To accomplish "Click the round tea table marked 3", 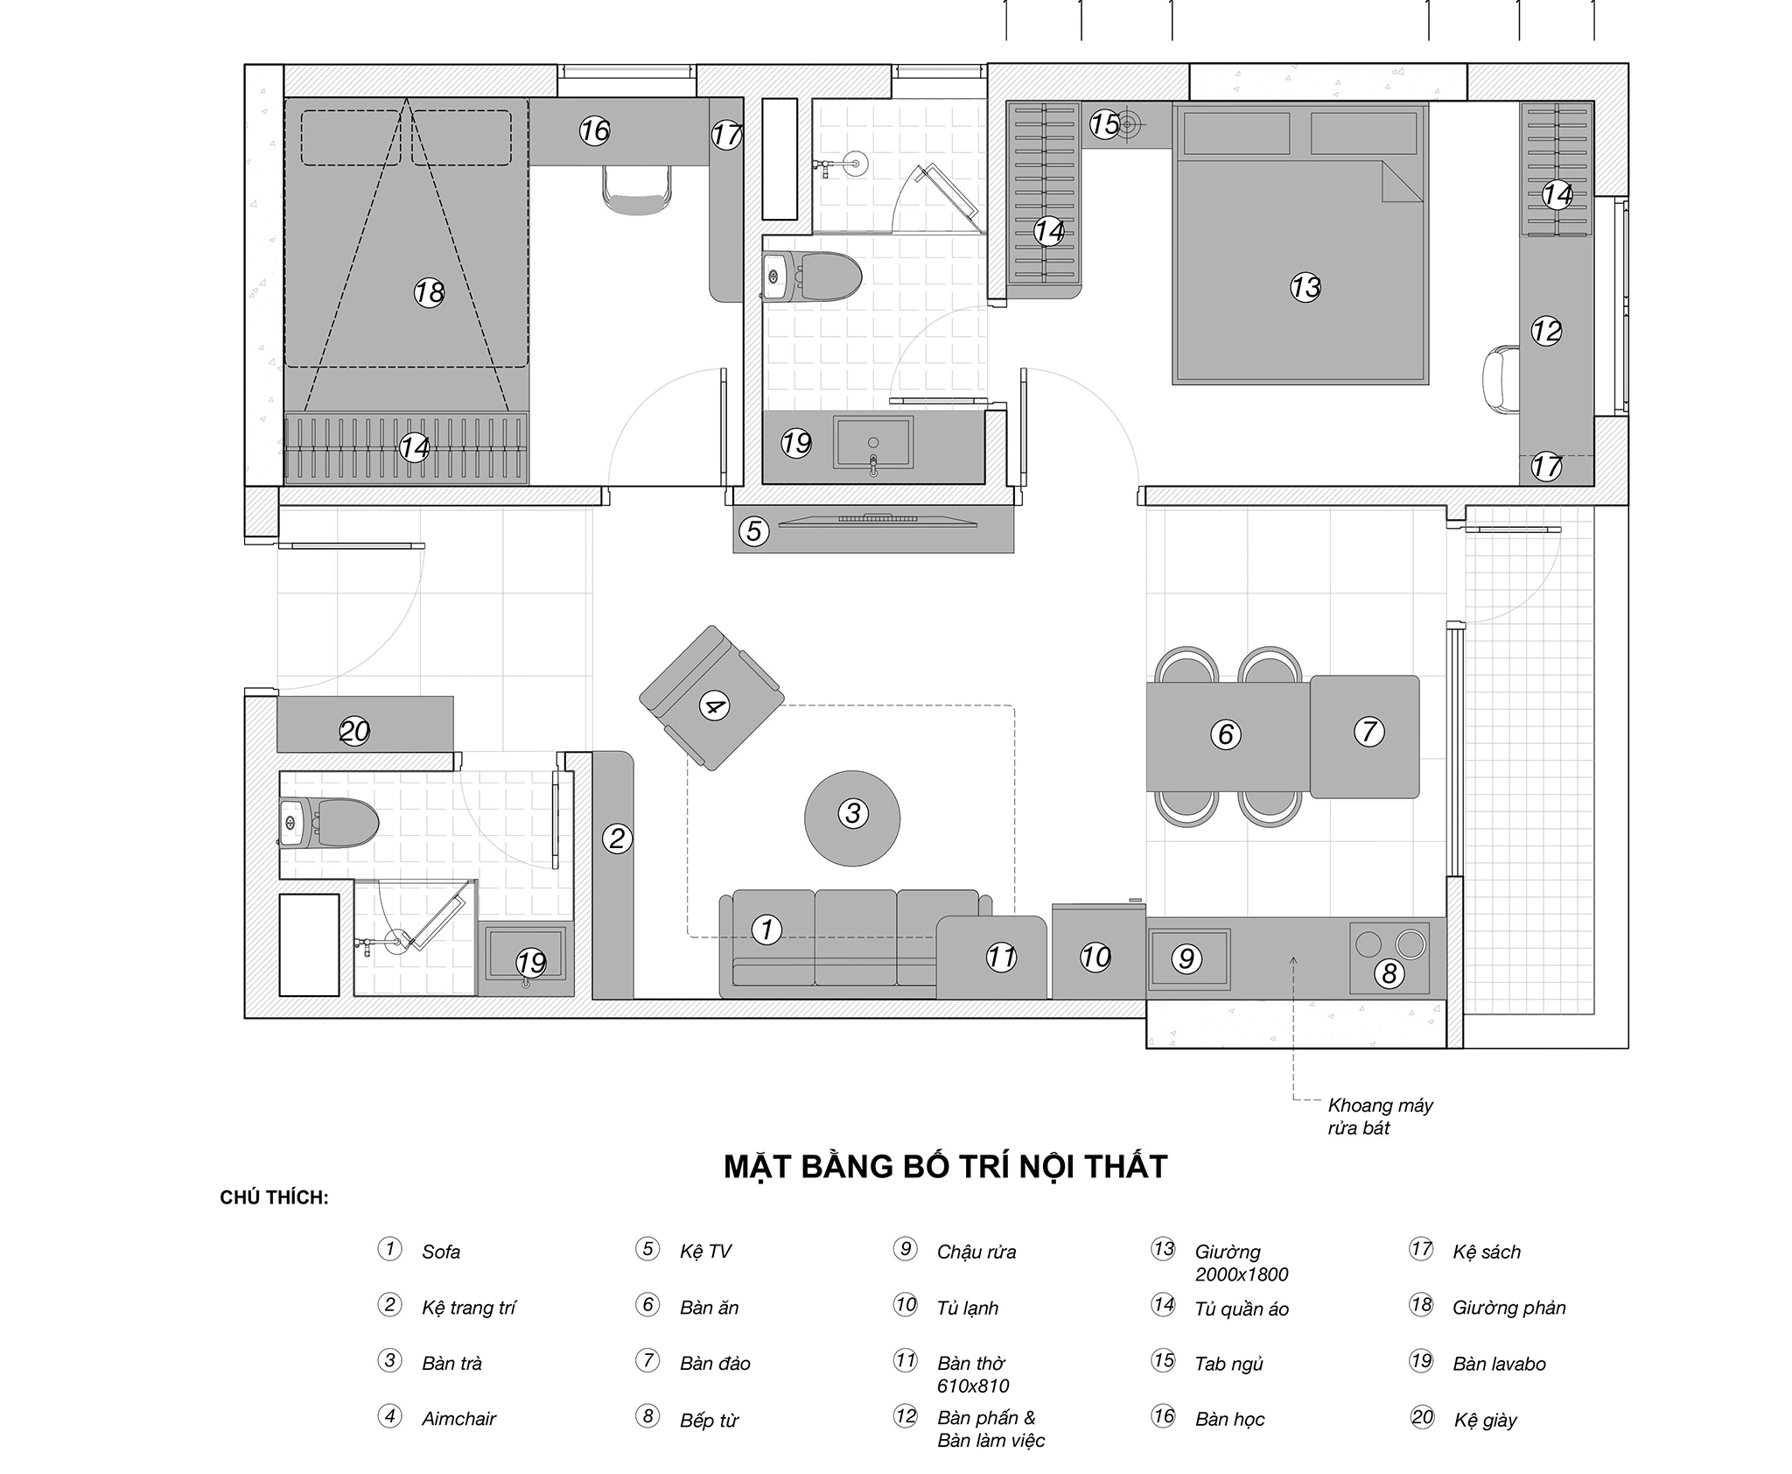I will pos(852,818).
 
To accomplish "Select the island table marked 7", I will pos(1364,736).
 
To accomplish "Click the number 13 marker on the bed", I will pos(1305,287).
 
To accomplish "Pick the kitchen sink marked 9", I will pos(1186,958).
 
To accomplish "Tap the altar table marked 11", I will pos(993,957).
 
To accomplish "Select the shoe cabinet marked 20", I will pos(365,724).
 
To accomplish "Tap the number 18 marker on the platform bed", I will pos(429,292).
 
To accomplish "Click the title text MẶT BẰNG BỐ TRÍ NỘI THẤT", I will pos(945,1167).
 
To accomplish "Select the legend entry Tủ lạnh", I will pos(967,1308).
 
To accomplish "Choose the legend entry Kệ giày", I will pos(1485,1420).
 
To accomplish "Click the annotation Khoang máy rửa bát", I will pos(1380,1116).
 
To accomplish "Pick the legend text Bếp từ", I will pos(709,1420).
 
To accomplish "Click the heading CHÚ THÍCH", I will pos(274,1197).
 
